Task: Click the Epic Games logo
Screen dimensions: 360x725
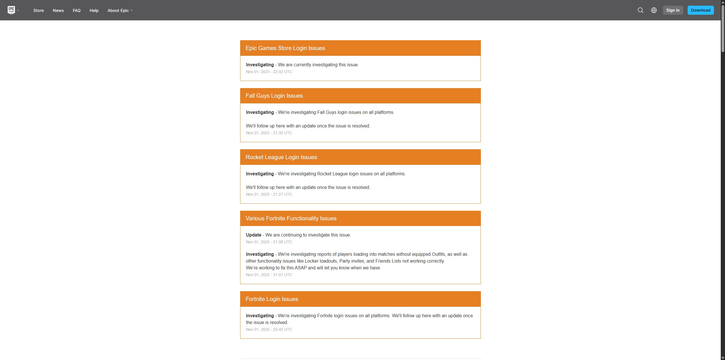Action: click(11, 10)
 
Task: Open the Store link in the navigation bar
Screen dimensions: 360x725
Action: click(39, 10)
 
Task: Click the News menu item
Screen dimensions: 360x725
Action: click(58, 10)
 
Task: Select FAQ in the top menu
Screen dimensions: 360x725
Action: click(76, 10)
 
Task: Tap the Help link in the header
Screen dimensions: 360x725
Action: click(94, 10)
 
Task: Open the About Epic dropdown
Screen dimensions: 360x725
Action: click(120, 10)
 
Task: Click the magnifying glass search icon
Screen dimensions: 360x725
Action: click(640, 10)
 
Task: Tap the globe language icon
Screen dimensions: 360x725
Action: click(654, 10)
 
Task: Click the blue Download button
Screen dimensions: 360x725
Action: click(700, 10)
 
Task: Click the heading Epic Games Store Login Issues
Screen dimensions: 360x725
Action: click(285, 48)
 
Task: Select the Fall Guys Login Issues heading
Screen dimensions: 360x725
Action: click(274, 96)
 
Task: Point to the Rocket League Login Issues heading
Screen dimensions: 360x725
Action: click(281, 157)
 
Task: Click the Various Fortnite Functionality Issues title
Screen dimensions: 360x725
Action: click(291, 218)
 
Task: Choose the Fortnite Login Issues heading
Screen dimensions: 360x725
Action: click(272, 299)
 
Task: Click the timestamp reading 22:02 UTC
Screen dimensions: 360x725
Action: click(269, 72)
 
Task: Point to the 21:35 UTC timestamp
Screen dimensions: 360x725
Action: click(269, 133)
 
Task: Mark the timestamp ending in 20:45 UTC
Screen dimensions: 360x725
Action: click(269, 329)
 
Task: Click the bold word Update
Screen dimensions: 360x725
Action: click(253, 235)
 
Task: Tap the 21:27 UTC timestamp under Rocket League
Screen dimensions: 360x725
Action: click(269, 194)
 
